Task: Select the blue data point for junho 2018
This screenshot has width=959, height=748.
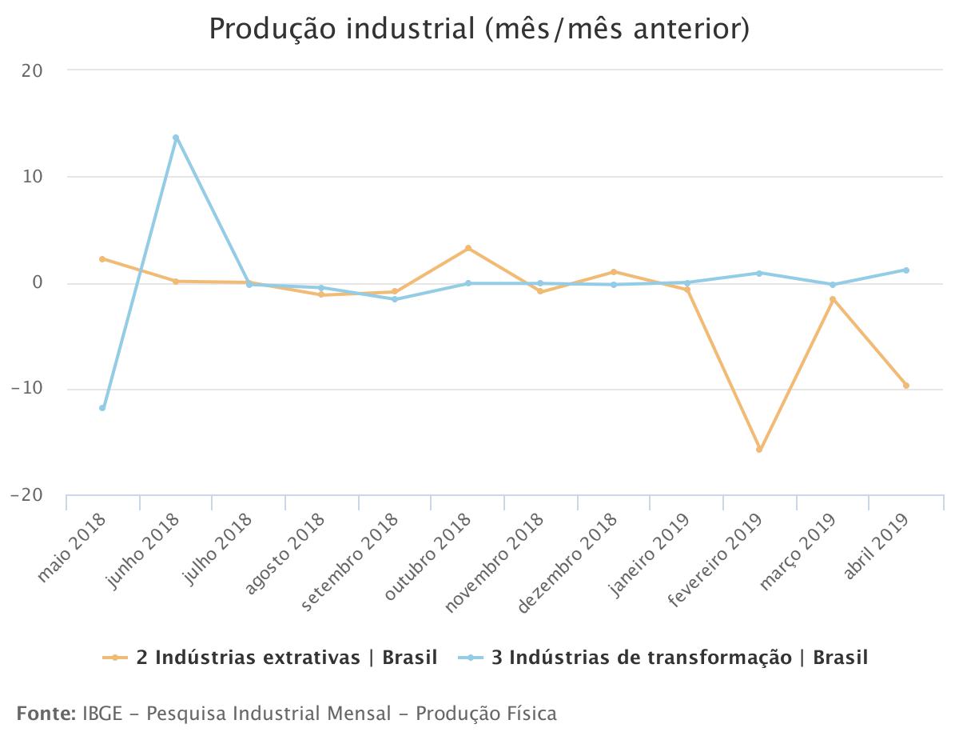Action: click(176, 138)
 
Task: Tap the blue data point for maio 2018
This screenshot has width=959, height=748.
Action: click(102, 408)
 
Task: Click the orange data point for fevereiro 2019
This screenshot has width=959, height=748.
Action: click(759, 450)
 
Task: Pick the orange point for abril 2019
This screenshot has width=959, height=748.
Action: click(906, 386)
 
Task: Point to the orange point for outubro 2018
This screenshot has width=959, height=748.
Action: click(468, 248)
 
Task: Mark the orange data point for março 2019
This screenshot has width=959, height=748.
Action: click(833, 299)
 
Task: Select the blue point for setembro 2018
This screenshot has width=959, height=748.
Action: click(395, 299)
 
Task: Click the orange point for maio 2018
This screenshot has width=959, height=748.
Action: click(102, 259)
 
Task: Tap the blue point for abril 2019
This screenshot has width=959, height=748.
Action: click(906, 270)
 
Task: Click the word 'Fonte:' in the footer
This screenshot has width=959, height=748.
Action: click(46, 713)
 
